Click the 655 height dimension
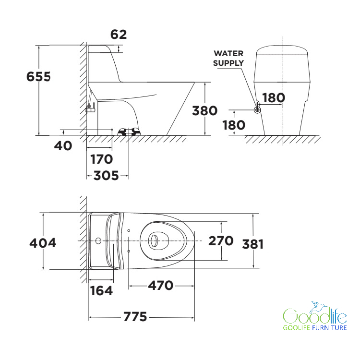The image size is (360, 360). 38,77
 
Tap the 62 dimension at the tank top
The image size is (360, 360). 119,35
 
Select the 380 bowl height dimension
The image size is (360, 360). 204,111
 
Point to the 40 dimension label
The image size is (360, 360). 63,146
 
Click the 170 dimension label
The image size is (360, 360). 101,159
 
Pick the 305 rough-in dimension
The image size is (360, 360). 106,176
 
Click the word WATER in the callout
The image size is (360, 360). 228,53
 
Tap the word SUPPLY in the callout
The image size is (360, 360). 228,63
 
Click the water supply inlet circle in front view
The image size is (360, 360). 257,110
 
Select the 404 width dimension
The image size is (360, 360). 43,243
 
